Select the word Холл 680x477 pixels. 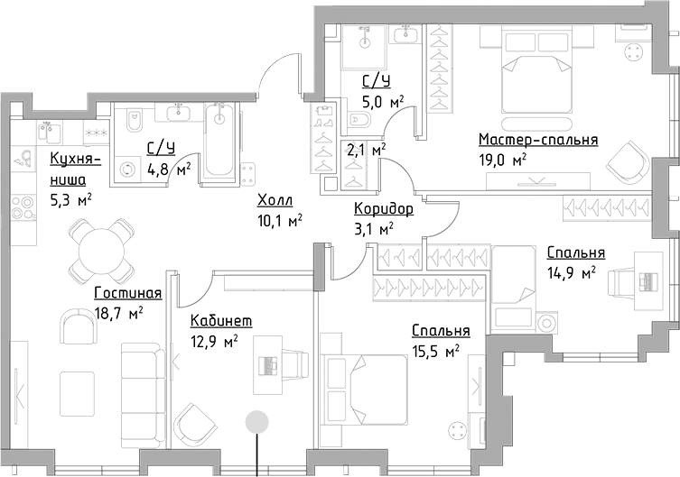click(x=274, y=200)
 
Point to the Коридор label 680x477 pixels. click(x=384, y=209)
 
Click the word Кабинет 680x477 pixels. click(x=220, y=321)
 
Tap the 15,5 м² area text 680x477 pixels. click(x=437, y=351)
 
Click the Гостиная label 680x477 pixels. click(x=128, y=293)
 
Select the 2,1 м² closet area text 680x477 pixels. click(x=368, y=149)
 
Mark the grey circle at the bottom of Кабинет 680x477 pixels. click(x=257, y=419)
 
